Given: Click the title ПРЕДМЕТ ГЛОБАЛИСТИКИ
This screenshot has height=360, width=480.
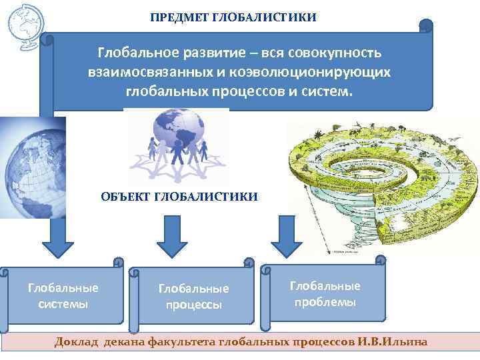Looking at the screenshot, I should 233,16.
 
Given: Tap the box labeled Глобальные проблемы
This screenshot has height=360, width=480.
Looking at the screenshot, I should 325,294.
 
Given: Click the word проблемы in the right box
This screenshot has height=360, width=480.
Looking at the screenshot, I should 325,302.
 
